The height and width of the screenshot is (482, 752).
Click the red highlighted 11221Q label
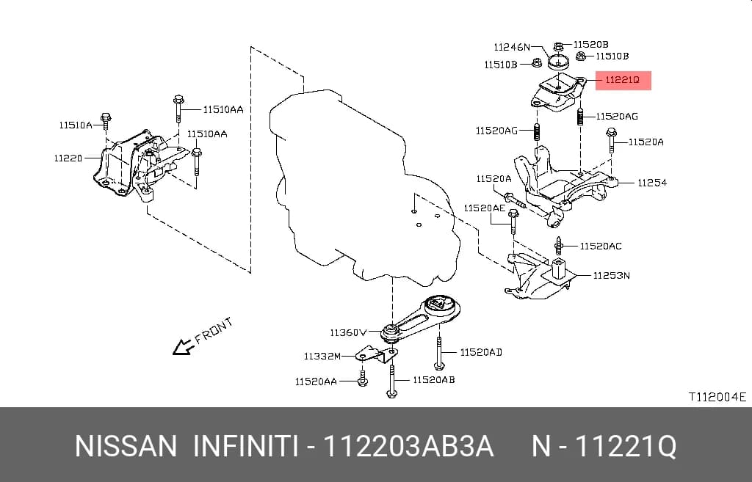[x=623, y=80]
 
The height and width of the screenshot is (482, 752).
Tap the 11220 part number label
[x=68, y=158]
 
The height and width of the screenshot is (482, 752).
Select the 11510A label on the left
[x=76, y=125]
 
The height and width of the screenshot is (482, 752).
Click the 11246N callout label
[x=512, y=47]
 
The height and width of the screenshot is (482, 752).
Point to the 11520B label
[x=591, y=44]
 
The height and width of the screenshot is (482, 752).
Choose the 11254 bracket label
[x=652, y=183]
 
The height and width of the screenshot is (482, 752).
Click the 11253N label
[x=612, y=276]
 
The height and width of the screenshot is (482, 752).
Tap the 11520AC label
[x=601, y=246]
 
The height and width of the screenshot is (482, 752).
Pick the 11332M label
[x=322, y=356]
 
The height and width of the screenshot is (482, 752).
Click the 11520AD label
[x=481, y=352]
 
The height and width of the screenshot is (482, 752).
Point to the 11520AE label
[x=485, y=208]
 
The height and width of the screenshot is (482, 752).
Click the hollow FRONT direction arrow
[x=183, y=347]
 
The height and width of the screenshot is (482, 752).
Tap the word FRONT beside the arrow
[x=214, y=330]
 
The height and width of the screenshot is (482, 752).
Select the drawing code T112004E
[x=717, y=397]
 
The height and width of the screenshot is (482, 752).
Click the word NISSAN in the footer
[x=126, y=447]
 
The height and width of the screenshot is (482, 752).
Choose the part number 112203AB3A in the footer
[x=408, y=447]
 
